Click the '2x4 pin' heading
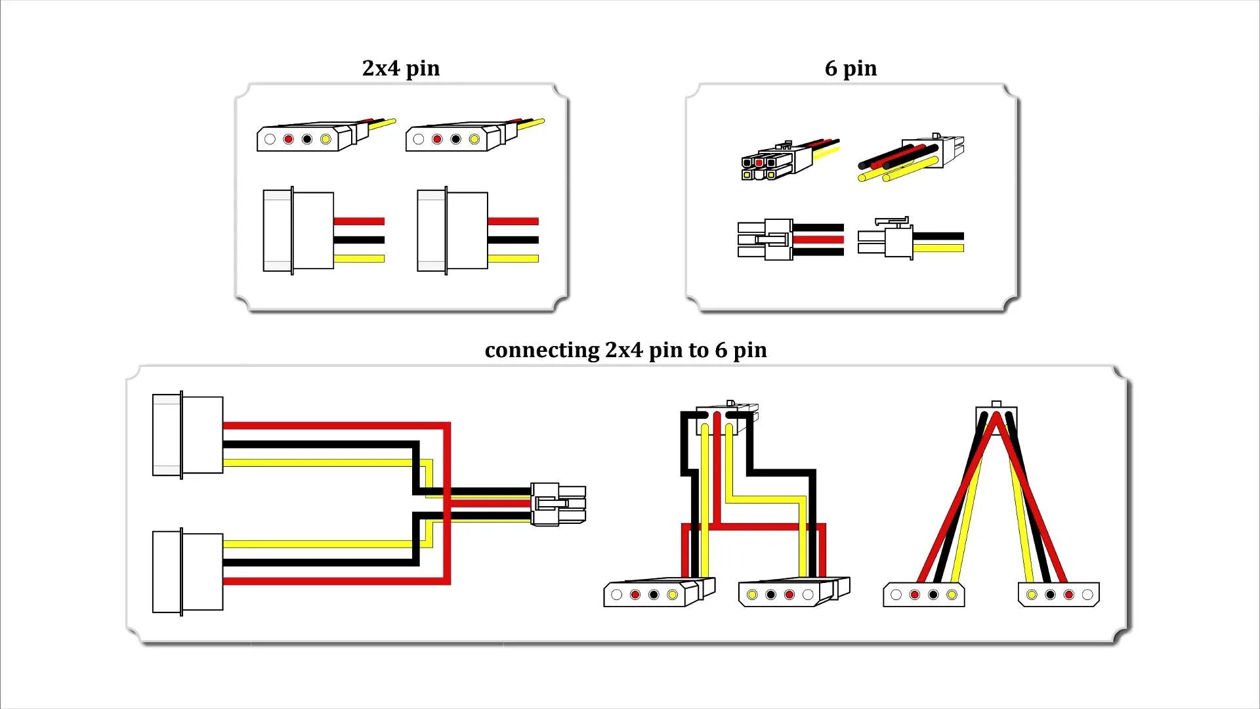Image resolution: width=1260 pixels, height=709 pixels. tap(400, 68)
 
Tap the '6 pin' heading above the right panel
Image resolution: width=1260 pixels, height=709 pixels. tap(850, 68)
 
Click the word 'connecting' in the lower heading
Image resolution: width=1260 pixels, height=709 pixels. tap(541, 350)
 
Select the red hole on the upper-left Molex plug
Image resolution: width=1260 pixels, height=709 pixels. tap(288, 139)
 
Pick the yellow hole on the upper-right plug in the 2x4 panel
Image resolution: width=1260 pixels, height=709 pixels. tap(474, 139)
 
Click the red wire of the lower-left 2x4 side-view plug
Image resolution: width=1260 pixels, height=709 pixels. tap(358, 221)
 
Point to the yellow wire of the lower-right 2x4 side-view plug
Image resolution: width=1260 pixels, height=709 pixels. tap(513, 259)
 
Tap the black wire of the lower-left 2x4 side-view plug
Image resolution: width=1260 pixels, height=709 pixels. tap(358, 240)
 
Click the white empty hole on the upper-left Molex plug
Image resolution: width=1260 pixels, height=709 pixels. tap(270, 139)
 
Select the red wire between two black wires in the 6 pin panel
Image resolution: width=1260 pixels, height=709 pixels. tap(818, 240)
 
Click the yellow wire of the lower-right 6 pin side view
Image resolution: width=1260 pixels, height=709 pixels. tap(938, 248)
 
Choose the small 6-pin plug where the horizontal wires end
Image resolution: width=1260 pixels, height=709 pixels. tap(558, 504)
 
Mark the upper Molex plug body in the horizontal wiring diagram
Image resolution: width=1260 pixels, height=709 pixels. tap(188, 435)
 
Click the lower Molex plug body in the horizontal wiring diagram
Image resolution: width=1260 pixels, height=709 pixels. tap(188, 572)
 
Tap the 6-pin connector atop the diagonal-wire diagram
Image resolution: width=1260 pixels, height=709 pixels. tap(996, 414)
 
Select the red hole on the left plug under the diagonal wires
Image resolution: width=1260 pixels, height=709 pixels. tap(915, 595)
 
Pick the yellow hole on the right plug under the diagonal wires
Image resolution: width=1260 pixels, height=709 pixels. tap(1032, 595)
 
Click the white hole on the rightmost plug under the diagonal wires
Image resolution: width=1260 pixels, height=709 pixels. tap(1087, 595)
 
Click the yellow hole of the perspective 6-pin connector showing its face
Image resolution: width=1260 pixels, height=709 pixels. tap(747, 175)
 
